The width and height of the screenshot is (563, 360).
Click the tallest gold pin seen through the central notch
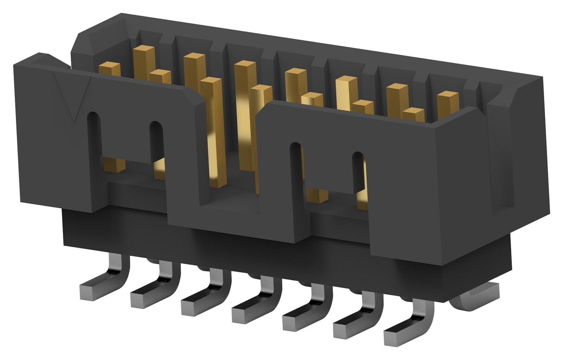click(244, 116)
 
